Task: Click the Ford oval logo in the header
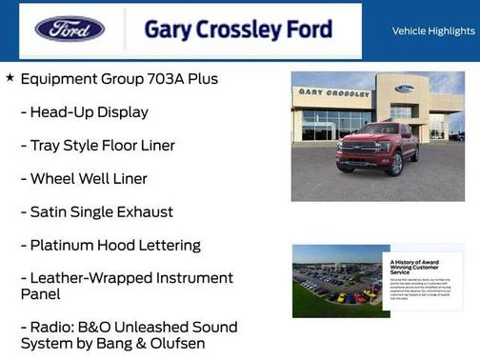[70, 29]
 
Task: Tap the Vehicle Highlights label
[433, 30]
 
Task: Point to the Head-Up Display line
[89, 112]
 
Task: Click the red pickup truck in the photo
[377, 148]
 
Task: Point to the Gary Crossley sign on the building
[333, 93]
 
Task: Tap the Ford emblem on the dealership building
[405, 89]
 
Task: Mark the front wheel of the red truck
[394, 164]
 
